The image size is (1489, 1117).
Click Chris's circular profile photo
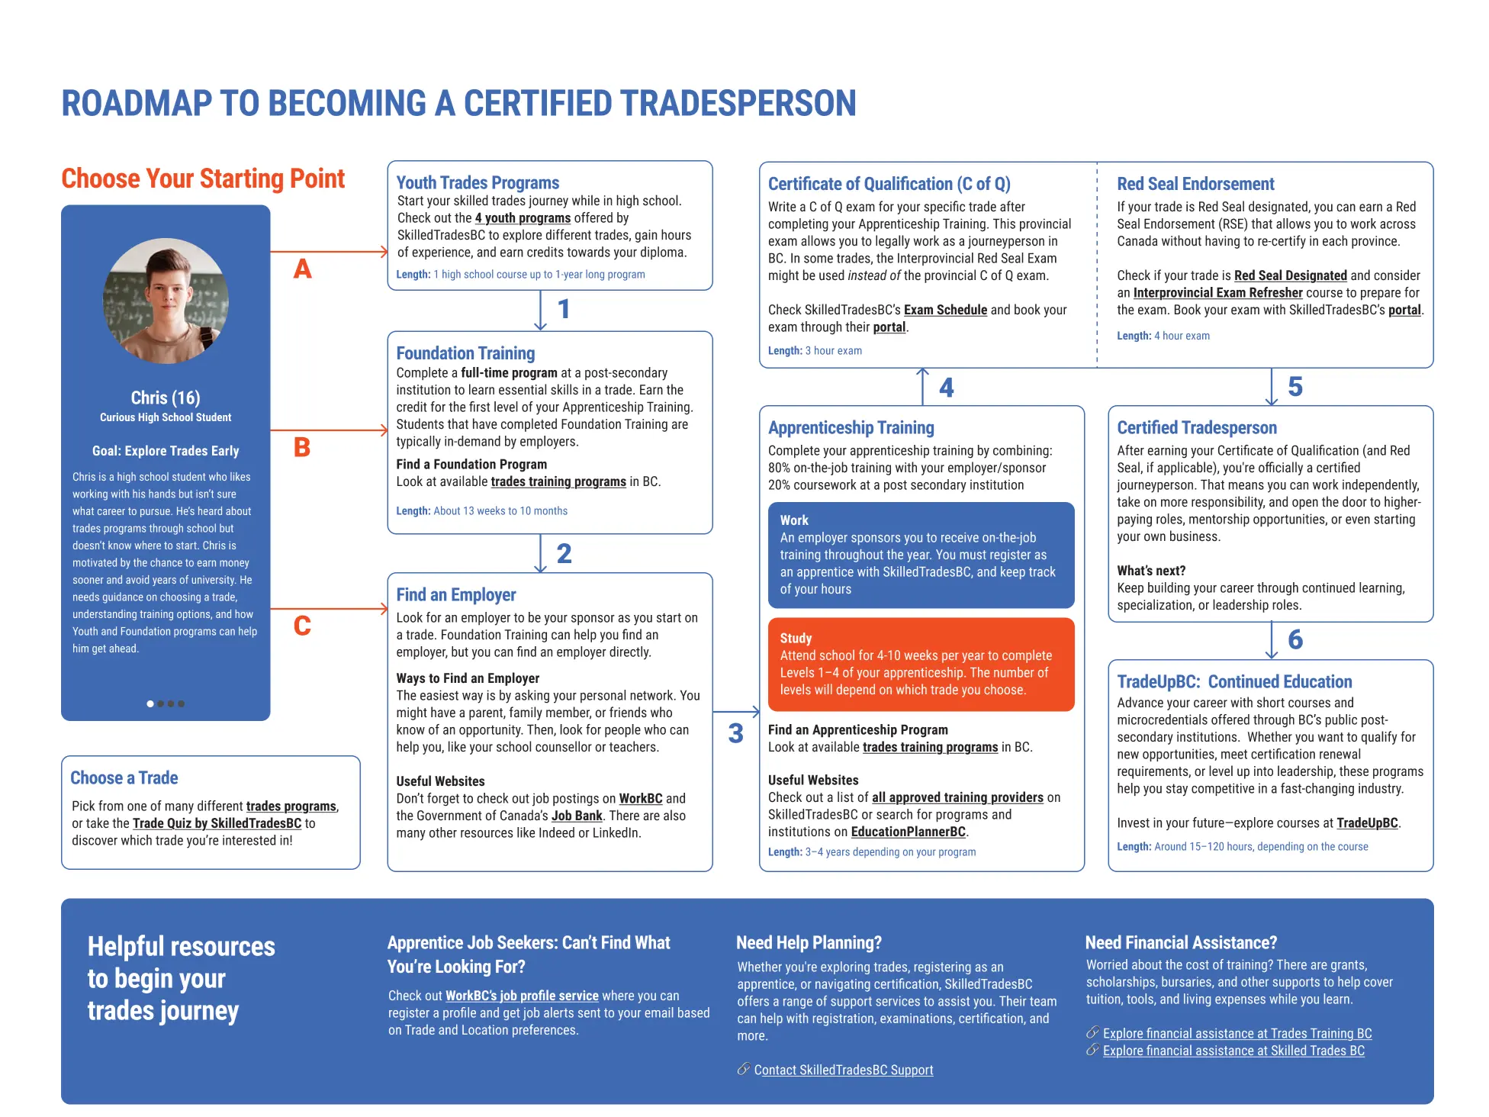point(166,301)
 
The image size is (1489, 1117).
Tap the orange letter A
point(303,269)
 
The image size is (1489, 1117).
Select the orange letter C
point(302,626)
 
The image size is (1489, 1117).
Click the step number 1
point(564,309)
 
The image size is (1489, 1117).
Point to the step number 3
point(735,733)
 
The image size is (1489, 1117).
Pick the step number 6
point(1295,639)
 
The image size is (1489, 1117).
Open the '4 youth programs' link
point(523,218)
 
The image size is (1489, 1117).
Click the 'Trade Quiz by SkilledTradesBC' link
point(217,823)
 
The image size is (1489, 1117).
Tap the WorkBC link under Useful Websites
point(640,799)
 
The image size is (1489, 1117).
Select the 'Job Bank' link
point(577,816)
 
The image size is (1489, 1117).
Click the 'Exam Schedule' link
point(945,310)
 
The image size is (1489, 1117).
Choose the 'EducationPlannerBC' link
point(908,832)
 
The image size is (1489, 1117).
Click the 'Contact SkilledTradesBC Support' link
point(843,1070)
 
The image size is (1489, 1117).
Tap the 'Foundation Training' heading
point(465,353)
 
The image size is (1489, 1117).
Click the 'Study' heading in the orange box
point(796,638)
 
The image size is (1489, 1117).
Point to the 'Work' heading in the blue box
point(794,520)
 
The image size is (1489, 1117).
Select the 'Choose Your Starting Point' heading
point(203,179)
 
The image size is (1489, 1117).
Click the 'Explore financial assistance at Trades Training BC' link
point(1237,1033)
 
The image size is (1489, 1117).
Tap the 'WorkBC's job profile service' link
point(522,996)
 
